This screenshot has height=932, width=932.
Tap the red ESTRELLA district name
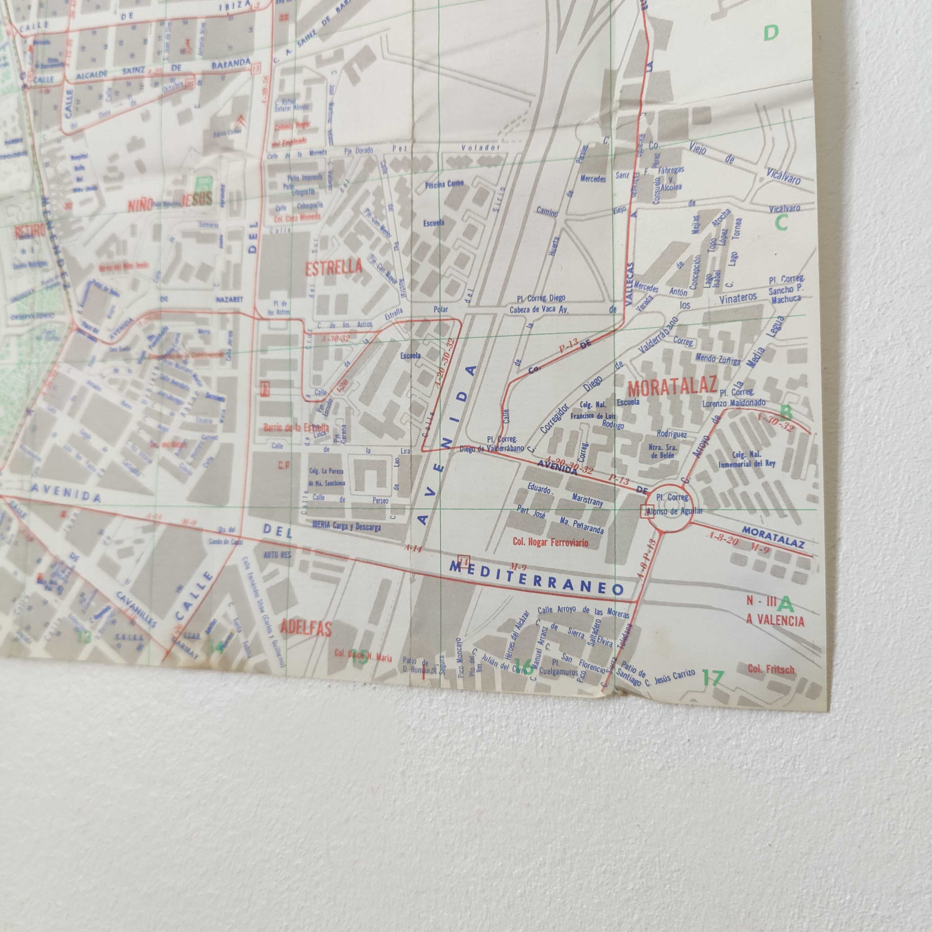click(334, 267)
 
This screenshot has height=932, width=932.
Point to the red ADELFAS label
click(306, 628)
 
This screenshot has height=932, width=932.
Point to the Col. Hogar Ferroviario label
click(551, 542)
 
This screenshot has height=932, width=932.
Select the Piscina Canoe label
click(444, 184)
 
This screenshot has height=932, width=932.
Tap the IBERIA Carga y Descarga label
click(346, 526)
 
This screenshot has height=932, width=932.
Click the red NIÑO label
click(140, 205)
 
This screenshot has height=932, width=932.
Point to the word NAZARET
click(229, 299)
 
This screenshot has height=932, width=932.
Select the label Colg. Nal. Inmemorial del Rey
click(746, 459)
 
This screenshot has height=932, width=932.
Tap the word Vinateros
click(738, 299)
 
